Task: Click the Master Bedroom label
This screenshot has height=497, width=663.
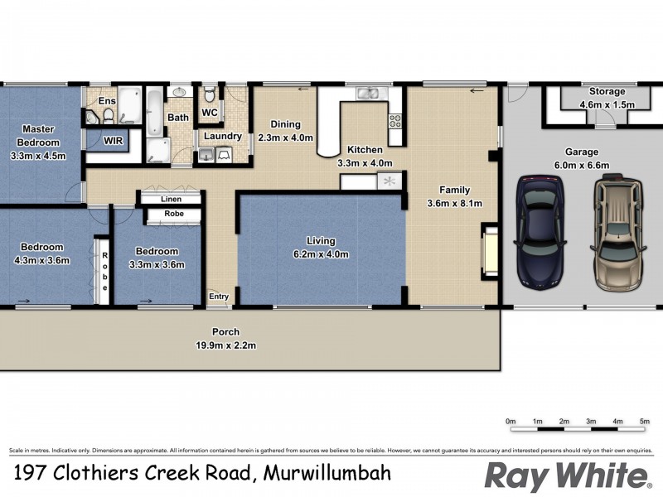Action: (38, 135)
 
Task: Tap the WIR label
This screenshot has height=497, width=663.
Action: (114, 141)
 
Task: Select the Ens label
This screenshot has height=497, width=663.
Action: (107, 101)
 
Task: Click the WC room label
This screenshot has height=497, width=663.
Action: (210, 112)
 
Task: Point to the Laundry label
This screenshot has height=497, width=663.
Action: (222, 137)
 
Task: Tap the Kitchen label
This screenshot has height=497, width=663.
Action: (365, 150)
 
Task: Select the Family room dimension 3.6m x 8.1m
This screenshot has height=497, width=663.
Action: (454, 203)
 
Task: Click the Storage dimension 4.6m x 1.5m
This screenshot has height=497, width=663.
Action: (606, 105)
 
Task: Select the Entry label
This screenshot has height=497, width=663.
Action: (219, 297)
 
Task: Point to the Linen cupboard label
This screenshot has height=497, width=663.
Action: (172, 199)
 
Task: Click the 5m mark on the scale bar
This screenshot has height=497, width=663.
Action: (644, 422)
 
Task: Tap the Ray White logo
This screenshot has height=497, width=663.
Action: (566, 476)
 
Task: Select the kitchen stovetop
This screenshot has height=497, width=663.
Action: (394, 121)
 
